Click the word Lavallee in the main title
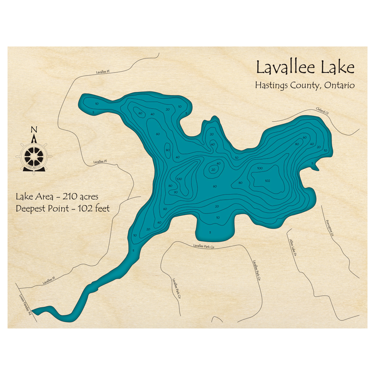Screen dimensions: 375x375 coord(286,68)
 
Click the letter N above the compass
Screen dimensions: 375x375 coord(34,130)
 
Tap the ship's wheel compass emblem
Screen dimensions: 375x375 coord(34,154)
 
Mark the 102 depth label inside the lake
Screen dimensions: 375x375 coord(267,181)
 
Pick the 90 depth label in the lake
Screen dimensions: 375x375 coord(175,192)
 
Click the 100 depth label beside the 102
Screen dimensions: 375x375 coord(259,168)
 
